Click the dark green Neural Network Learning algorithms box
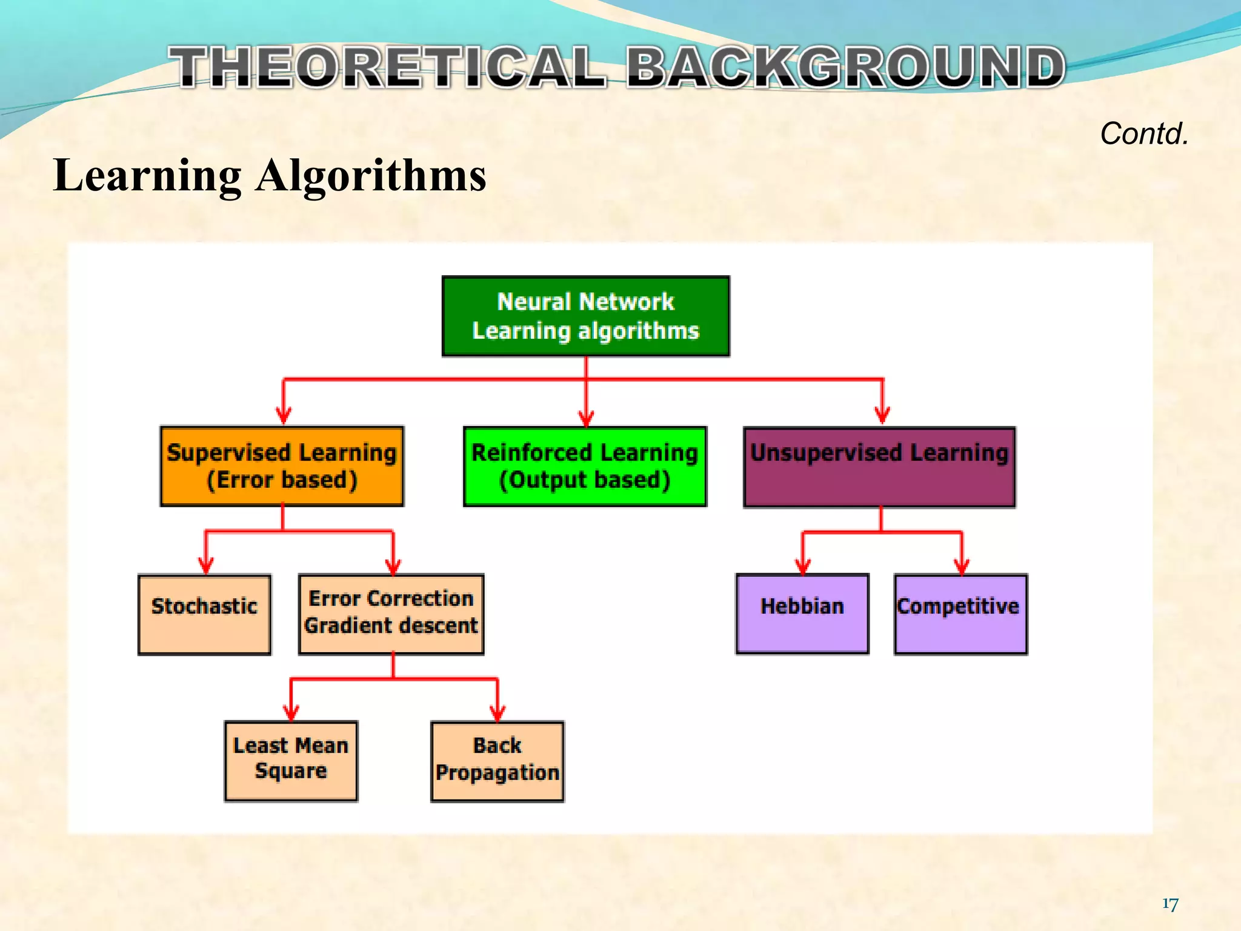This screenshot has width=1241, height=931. coord(585,316)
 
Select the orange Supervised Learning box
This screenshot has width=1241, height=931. coord(282,466)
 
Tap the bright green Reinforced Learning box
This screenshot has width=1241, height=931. coord(585,466)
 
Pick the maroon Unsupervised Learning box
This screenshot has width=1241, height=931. coord(879,467)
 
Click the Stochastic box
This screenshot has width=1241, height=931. coord(204,614)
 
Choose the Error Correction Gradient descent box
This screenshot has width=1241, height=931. coord(391,613)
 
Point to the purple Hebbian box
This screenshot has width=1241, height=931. coord(802,613)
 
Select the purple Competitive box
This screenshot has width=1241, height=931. coord(960,613)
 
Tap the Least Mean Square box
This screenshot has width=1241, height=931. coord(291,761)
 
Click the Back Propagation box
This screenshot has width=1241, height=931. coord(497,761)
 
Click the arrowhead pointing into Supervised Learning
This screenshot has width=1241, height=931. coord(284,416)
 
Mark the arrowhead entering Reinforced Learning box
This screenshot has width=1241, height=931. coord(586,418)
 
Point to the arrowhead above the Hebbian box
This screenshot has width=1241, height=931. coord(803,566)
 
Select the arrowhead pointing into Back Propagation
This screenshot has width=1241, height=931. coord(497,713)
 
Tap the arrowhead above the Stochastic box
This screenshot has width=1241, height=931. coord(206,566)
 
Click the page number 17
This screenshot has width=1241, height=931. coord(1170,904)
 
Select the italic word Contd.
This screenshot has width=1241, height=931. coord(1144,133)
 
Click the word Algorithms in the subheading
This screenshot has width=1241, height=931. coord(371,176)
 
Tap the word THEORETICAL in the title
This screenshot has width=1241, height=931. coord(388,67)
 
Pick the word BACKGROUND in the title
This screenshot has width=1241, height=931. coord(845,67)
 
